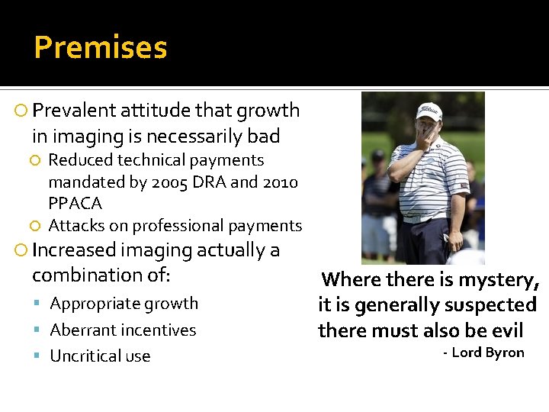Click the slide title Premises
click(100, 47)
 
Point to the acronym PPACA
click(75, 204)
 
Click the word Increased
click(74, 250)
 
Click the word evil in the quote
click(507, 330)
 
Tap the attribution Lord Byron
click(488, 352)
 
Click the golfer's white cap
click(429, 111)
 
